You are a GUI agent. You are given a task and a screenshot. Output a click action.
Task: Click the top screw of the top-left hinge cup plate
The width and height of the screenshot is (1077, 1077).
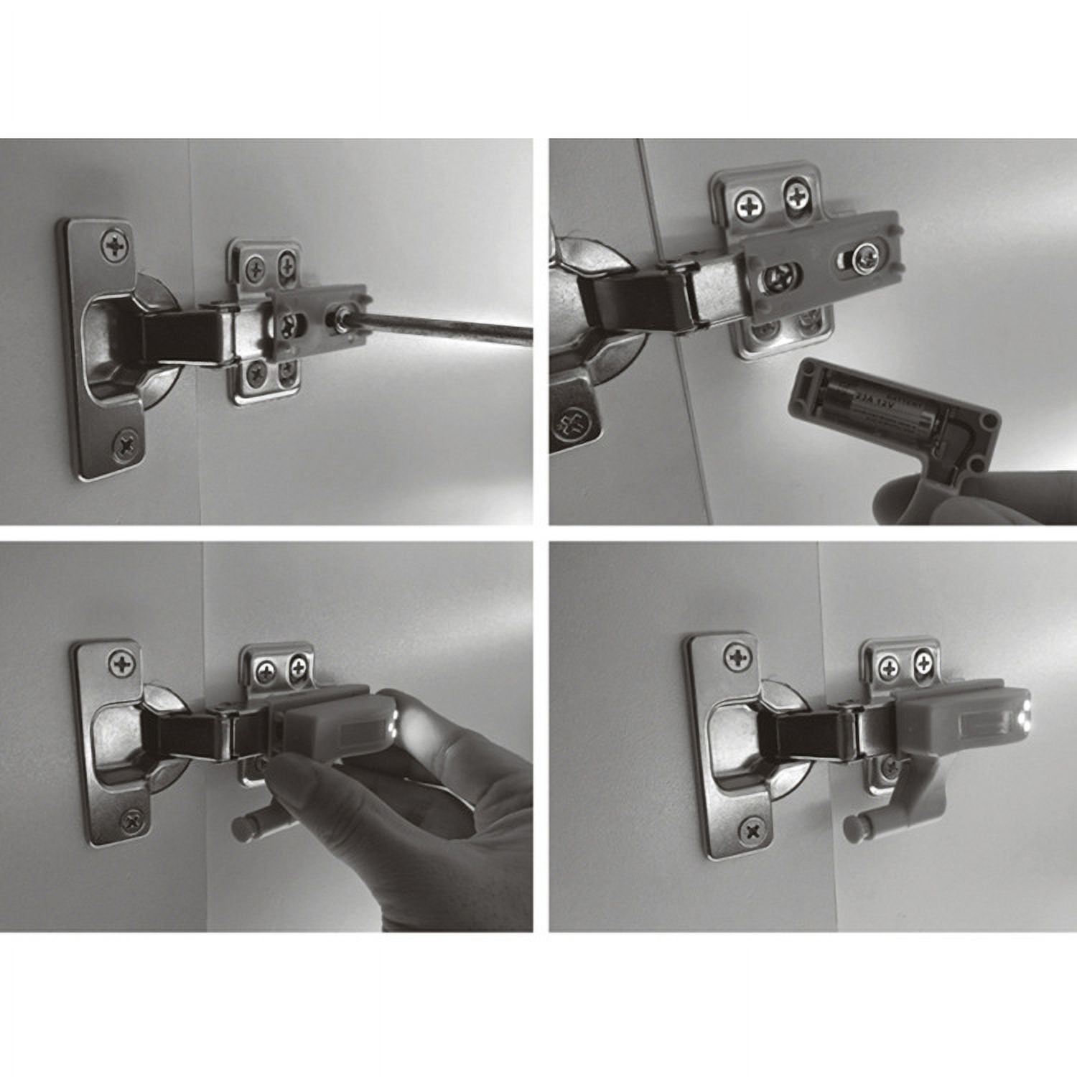pyautogui.click(x=115, y=246)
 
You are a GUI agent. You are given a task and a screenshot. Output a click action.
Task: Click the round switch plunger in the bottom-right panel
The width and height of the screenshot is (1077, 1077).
pyautogui.click(x=854, y=826)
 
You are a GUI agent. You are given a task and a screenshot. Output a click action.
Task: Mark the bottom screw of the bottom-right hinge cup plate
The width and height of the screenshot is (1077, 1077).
pyautogui.click(x=752, y=831)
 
